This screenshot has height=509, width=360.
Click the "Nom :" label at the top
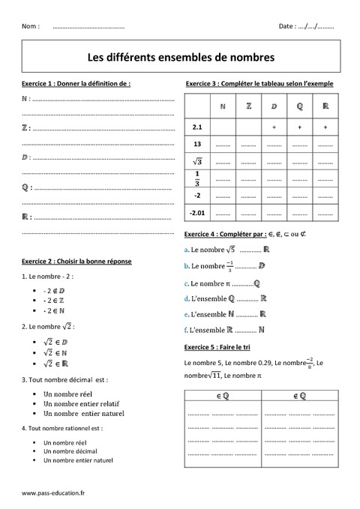click(31, 25)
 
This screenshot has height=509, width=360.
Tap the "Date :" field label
click(286, 25)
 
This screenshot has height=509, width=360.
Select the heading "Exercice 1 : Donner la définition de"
click(76, 84)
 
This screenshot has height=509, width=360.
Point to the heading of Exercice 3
click(259, 84)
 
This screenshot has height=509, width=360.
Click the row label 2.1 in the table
click(198, 127)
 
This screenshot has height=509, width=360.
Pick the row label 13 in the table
click(198, 144)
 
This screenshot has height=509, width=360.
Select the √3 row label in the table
click(198, 161)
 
